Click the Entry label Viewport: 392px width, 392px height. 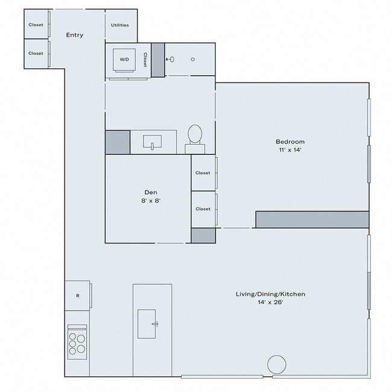[74, 35]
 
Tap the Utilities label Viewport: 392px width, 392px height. [120, 25]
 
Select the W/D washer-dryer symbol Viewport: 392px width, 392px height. [125, 60]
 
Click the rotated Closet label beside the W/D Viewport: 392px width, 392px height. [145, 60]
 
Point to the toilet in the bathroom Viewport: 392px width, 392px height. [195, 136]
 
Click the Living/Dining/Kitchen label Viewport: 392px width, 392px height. [270, 294]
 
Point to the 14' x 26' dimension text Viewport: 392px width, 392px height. [270, 303]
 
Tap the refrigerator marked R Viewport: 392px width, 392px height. [78, 296]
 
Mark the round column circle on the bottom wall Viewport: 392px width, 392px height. [276, 364]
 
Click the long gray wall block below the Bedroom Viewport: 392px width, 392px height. [312, 220]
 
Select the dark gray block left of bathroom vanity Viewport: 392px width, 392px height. [118, 142]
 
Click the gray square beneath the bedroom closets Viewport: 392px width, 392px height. [203, 235]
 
